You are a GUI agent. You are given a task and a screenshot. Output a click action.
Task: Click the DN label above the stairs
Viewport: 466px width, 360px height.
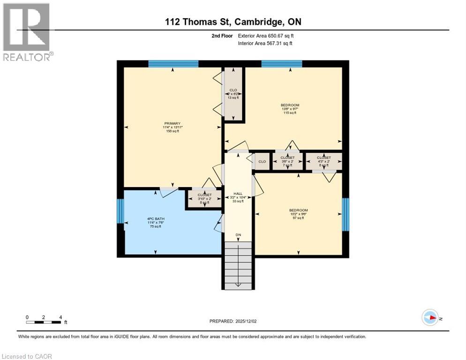point(238,235)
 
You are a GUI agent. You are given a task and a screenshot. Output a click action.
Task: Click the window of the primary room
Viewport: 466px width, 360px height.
point(173,64)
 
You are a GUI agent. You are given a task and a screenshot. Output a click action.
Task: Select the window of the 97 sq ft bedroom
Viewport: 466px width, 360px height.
point(346,214)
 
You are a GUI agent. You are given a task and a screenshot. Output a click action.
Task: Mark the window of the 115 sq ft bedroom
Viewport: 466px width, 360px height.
point(281,64)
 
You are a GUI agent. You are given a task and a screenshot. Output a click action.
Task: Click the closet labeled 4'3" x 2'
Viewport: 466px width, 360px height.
point(323,161)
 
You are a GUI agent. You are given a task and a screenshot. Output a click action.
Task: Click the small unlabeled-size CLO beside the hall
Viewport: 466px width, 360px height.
point(262,162)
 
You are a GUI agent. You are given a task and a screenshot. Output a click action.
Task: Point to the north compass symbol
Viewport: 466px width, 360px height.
point(430,318)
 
